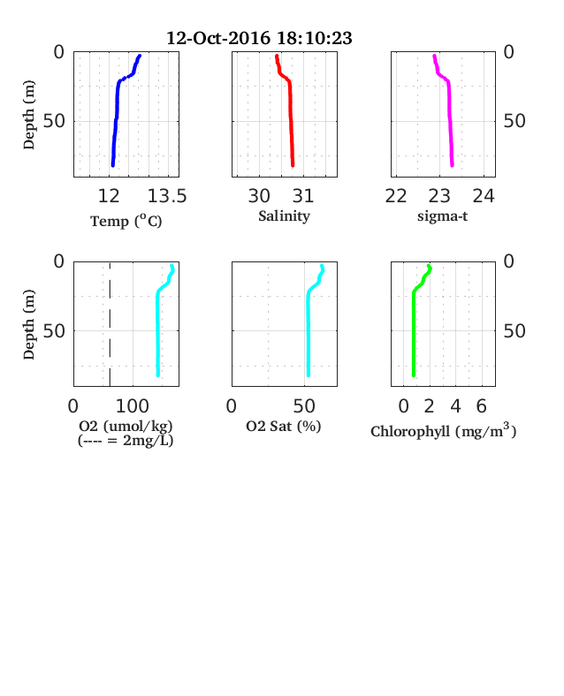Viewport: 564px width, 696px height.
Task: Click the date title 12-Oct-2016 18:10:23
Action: click(x=259, y=38)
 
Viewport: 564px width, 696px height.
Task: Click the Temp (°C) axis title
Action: click(x=126, y=221)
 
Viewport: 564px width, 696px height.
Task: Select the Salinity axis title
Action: click(x=285, y=216)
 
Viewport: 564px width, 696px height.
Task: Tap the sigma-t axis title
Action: click(x=442, y=216)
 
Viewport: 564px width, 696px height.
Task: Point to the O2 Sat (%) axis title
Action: click(x=284, y=426)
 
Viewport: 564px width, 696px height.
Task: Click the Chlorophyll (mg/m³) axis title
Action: click(x=443, y=431)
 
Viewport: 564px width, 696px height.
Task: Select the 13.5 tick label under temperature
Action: click(x=167, y=196)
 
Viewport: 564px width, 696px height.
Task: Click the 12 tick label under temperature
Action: click(x=109, y=196)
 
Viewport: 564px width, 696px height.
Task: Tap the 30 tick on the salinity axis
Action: click(x=259, y=196)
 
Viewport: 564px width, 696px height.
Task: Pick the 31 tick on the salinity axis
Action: click(x=303, y=196)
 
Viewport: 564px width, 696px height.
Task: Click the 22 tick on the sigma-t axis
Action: click(x=396, y=196)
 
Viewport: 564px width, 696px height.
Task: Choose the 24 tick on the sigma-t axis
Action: click(x=484, y=196)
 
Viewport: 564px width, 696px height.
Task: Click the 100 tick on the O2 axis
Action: click(x=133, y=406)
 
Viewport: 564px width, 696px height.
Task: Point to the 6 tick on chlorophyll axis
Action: click(x=482, y=406)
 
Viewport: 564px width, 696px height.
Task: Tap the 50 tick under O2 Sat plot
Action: click(x=304, y=406)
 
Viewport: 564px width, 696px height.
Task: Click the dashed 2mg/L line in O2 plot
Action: click(x=110, y=324)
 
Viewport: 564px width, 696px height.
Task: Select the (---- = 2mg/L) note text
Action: click(x=126, y=441)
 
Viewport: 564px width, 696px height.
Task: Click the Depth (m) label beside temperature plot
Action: click(x=28, y=115)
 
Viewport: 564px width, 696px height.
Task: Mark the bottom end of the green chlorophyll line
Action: click(x=414, y=375)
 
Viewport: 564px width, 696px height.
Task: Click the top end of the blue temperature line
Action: click(x=140, y=56)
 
